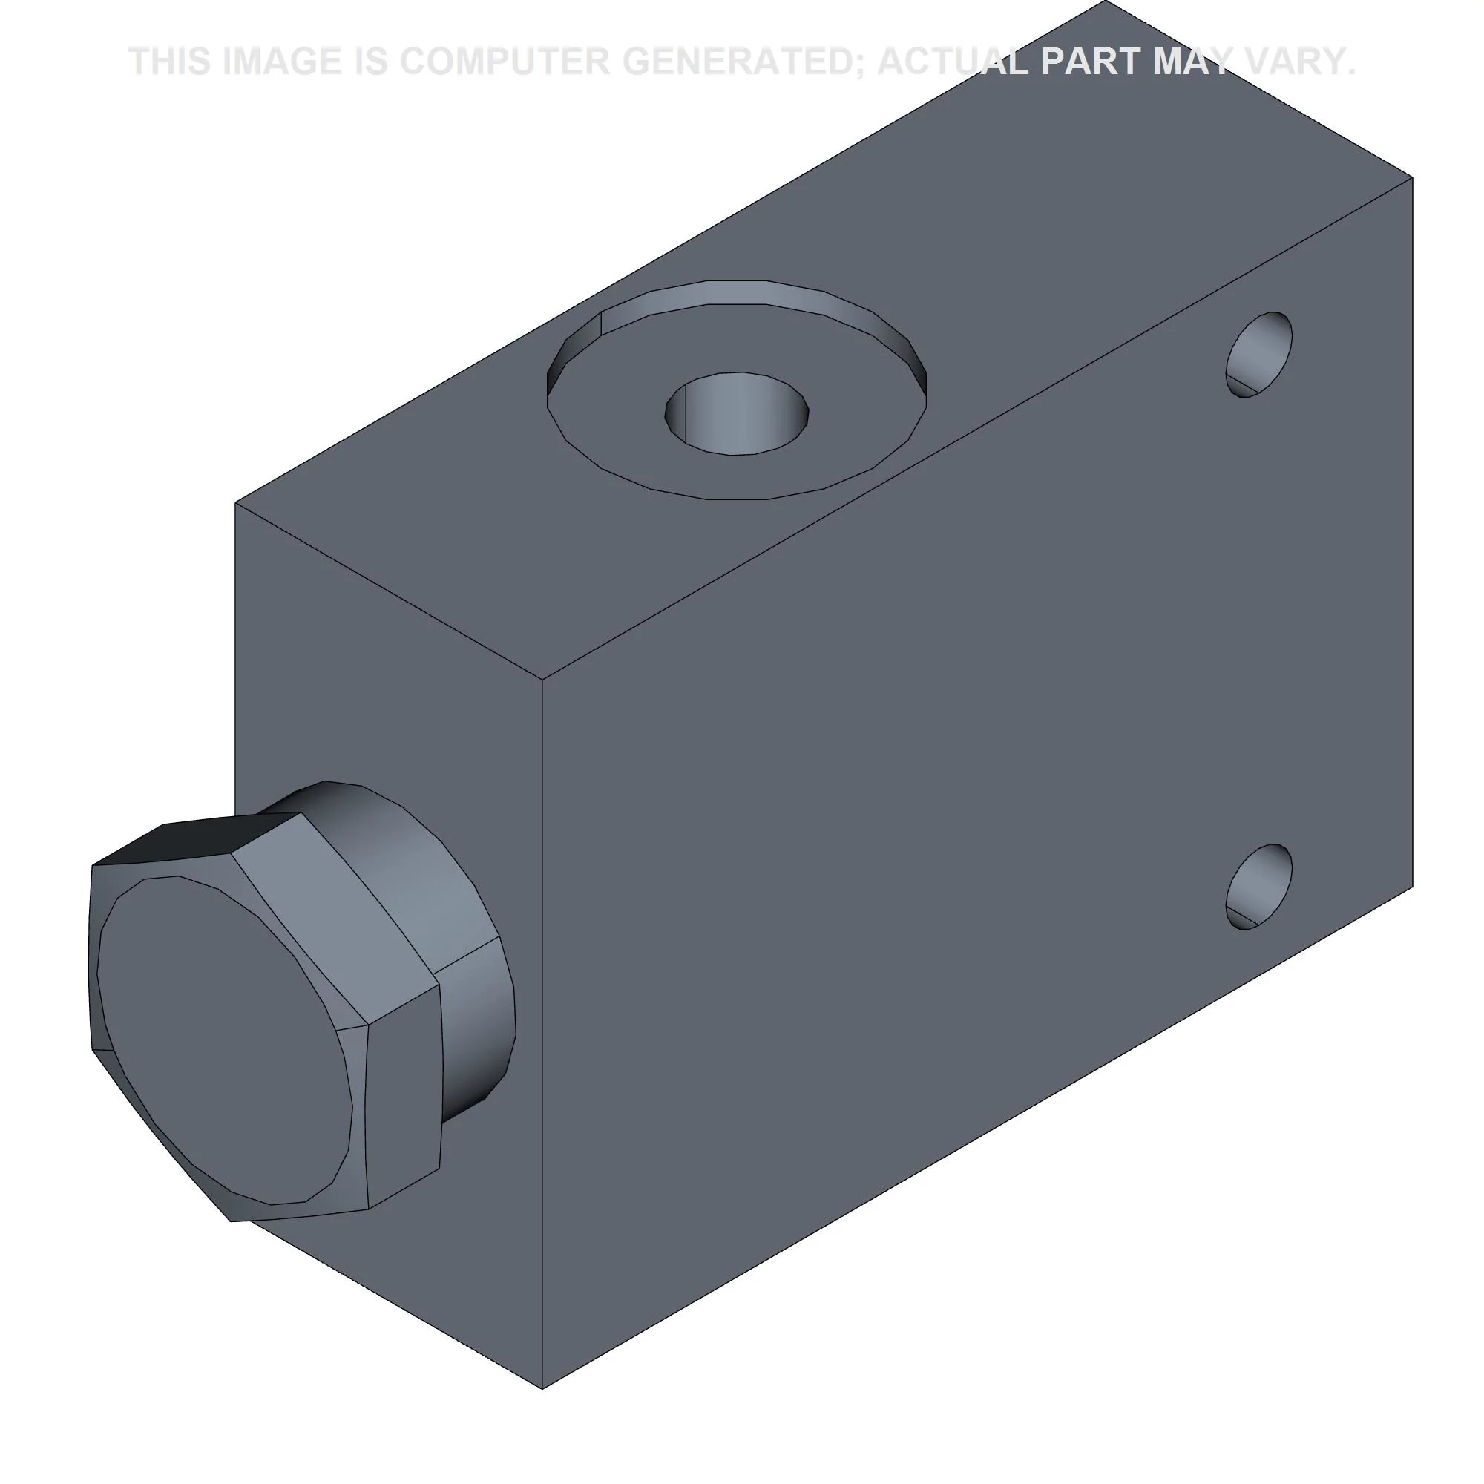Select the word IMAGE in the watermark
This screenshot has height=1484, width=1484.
point(282,62)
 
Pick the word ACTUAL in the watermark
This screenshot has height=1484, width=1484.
point(953,62)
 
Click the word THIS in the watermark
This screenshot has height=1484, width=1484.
point(170,62)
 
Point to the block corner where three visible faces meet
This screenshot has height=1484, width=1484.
point(542,679)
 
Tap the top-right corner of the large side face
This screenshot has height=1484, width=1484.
point(1413,177)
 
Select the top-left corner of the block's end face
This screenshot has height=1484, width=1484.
point(235,503)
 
